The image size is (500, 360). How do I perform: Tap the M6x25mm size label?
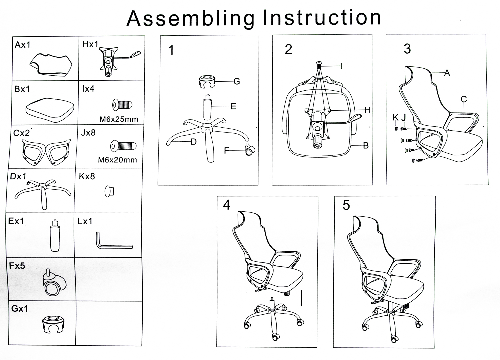tap(119, 119)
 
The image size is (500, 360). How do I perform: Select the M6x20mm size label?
tap(117, 160)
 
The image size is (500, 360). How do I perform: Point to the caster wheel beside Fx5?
tap(54, 283)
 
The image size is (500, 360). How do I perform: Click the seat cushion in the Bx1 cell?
tap(50, 109)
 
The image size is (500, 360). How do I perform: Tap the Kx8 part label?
tap(87, 176)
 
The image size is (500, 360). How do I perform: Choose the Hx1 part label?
tap(90, 44)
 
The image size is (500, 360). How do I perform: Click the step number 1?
tap(171, 50)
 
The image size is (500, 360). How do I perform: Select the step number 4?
tap(227, 205)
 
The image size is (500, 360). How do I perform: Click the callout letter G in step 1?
tap(237, 81)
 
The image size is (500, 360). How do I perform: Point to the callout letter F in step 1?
tap(226, 151)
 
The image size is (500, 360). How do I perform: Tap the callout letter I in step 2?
tap(341, 66)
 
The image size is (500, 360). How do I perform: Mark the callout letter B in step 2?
tap(366, 145)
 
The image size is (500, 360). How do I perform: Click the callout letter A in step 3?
tap(447, 73)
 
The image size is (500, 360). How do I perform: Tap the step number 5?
tap(346, 205)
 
